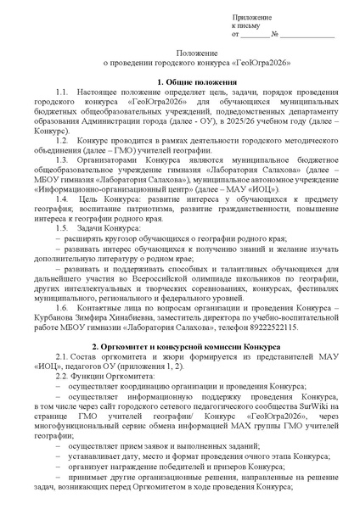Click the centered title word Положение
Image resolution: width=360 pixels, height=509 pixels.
click(x=179, y=53)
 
